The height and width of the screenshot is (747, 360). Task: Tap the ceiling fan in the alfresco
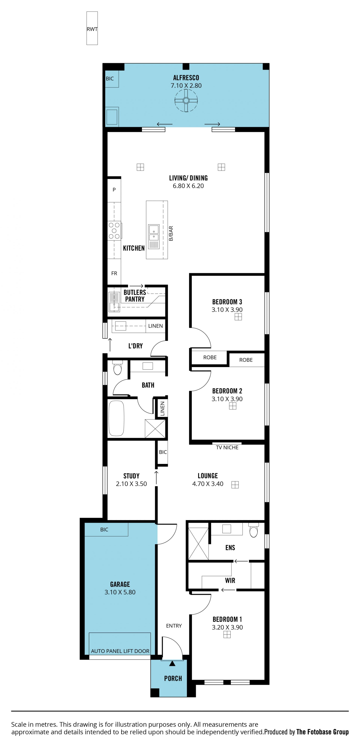pyautogui.click(x=186, y=101)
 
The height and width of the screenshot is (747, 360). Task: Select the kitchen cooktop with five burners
pyautogui.click(x=114, y=231)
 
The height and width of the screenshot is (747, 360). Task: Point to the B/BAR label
pyautogui.click(x=171, y=233)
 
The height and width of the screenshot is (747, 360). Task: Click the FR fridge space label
pyautogui.click(x=114, y=273)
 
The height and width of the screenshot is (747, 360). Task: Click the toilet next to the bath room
pyautogui.click(x=117, y=368)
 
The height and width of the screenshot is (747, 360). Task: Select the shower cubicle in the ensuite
pyautogui.click(x=198, y=544)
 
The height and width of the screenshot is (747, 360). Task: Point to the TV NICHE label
pyautogui.click(x=227, y=447)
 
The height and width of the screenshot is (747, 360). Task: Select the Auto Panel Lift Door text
pyautogui.click(x=120, y=651)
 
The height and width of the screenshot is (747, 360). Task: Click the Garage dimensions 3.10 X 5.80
pyautogui.click(x=120, y=592)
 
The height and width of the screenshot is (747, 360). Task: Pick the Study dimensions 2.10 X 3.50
pyautogui.click(x=131, y=484)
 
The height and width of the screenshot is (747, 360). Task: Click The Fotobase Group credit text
pyautogui.click(x=322, y=732)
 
